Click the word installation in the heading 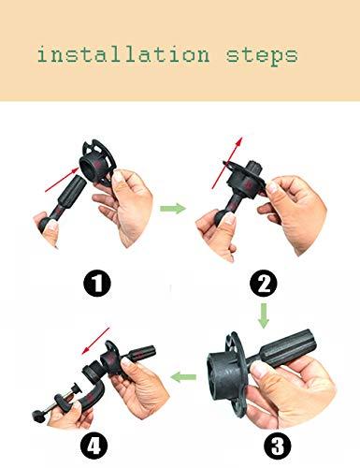point(122,54)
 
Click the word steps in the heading point(261,54)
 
